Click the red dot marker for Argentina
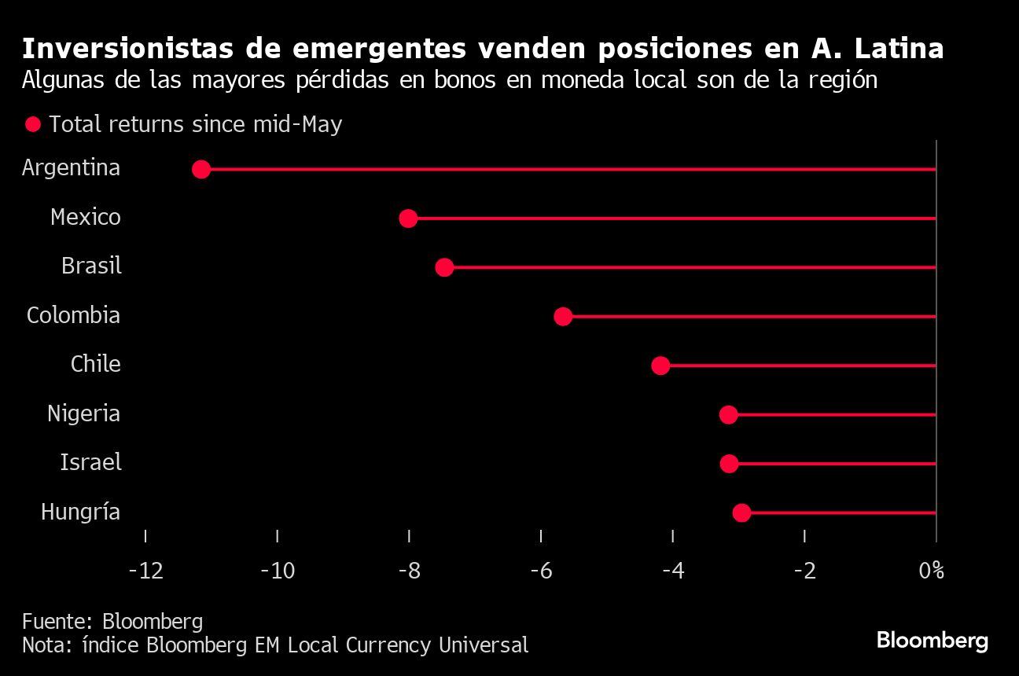pyautogui.click(x=201, y=169)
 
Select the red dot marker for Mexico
pyautogui.click(x=408, y=218)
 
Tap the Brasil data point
pyautogui.click(x=444, y=267)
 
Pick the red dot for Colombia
pyautogui.click(x=563, y=316)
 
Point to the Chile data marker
pyautogui.click(x=660, y=366)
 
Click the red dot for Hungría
pyautogui.click(x=741, y=513)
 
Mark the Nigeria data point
pyautogui.click(x=729, y=414)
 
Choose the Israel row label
pyautogui.click(x=90, y=462)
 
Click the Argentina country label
pyautogui.click(x=71, y=167)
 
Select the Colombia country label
pyautogui.click(x=73, y=315)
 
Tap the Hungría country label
pyautogui.click(x=80, y=513)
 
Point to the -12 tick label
pyautogui.click(x=145, y=570)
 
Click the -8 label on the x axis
pyautogui.click(x=409, y=570)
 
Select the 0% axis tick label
pyautogui.click(x=931, y=570)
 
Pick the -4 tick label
pyautogui.click(x=673, y=570)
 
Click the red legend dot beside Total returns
pyautogui.click(x=33, y=124)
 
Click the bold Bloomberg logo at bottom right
pyautogui.click(x=932, y=640)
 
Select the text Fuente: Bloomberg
pyautogui.click(x=112, y=621)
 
